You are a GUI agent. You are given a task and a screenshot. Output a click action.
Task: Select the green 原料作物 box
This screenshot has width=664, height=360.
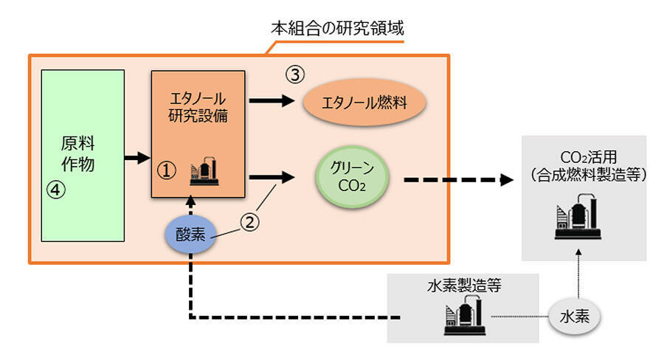pyautogui.click(x=82, y=155)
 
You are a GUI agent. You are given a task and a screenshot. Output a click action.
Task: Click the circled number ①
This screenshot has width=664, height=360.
pyautogui.click(x=167, y=171)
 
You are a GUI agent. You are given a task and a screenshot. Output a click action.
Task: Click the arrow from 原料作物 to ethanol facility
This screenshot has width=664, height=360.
pyautogui.click(x=137, y=157)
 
